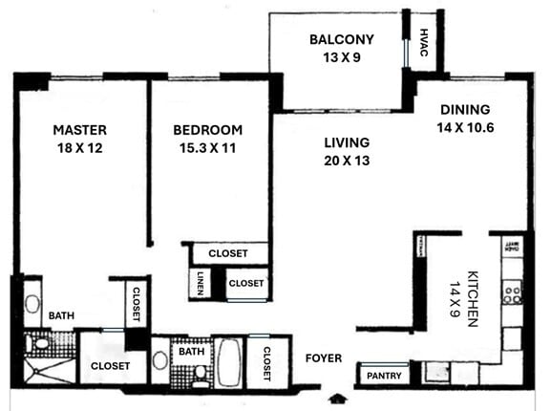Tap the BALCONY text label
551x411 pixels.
(341, 40)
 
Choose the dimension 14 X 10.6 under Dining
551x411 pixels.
(465, 126)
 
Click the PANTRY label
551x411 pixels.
(385, 376)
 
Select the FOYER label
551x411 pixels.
(323, 358)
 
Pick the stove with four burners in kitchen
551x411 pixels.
(513, 291)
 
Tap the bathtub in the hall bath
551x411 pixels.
(228, 363)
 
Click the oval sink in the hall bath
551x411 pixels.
(160, 362)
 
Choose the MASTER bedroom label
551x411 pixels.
(79, 130)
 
